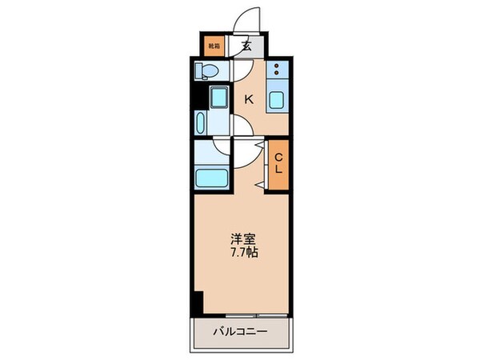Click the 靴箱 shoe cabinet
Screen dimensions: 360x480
(x=212, y=46)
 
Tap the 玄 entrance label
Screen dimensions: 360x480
(x=246, y=46)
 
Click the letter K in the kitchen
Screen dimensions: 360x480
(x=249, y=99)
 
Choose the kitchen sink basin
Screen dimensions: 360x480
(x=276, y=100)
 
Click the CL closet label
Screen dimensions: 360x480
(x=278, y=163)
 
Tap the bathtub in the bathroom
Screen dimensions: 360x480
(x=211, y=175)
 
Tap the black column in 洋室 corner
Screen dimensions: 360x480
(x=198, y=303)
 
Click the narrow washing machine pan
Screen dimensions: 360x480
(x=200, y=123)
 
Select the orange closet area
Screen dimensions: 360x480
(x=278, y=163)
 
